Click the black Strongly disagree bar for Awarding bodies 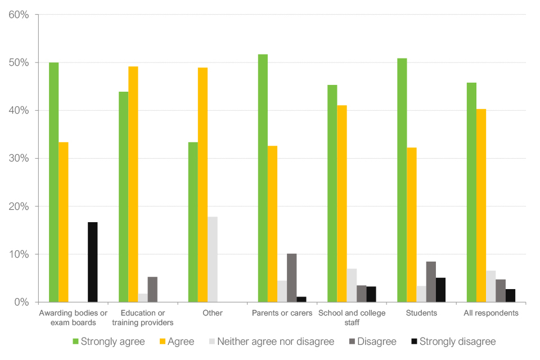(92, 262)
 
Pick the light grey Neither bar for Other (212, 259)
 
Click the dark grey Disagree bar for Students (431, 281)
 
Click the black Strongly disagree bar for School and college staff (371, 294)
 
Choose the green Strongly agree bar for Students (402, 180)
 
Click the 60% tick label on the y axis (19, 15)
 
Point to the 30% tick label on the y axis (19, 159)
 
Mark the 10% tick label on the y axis (19, 254)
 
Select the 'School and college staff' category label (352, 317)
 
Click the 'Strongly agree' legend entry (112, 341)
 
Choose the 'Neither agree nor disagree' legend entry (276, 341)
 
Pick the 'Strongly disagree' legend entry (458, 341)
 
